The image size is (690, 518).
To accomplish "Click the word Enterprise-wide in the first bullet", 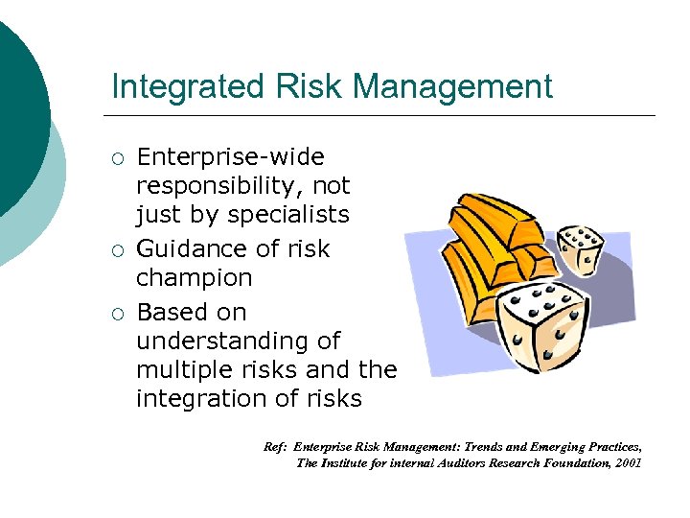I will point(230,156).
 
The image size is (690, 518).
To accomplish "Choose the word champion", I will point(195,278).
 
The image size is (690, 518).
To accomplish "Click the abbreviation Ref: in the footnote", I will point(275,447).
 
